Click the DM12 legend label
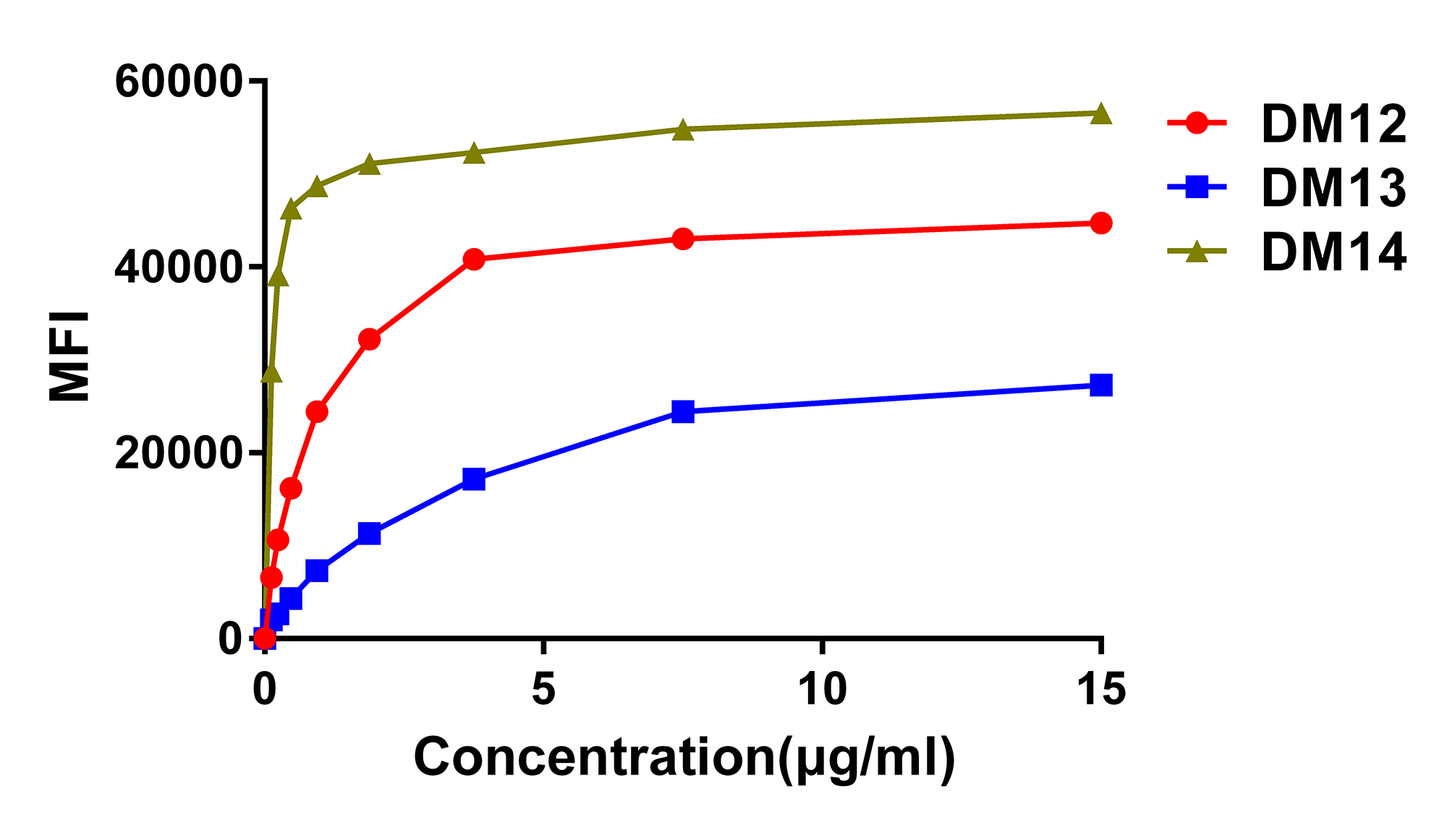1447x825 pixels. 1333,124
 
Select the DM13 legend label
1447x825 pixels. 1333,188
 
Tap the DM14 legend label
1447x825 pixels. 1333,252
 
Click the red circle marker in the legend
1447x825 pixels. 1197,123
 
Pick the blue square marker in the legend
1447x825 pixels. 1197,187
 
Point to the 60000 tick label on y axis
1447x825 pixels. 177,81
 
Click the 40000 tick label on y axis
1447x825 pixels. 177,267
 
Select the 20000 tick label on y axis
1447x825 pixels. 177,453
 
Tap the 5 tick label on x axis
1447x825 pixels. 543,689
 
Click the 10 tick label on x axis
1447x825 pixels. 823,689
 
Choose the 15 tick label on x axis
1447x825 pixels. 1100,689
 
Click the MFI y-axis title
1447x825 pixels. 69,356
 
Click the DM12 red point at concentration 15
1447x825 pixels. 1100,223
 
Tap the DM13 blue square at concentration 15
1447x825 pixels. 1100,385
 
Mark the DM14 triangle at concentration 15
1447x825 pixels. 1100,114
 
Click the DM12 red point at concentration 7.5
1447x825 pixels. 683,239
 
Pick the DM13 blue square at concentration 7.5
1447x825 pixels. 683,412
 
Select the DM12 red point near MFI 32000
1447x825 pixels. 369,339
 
